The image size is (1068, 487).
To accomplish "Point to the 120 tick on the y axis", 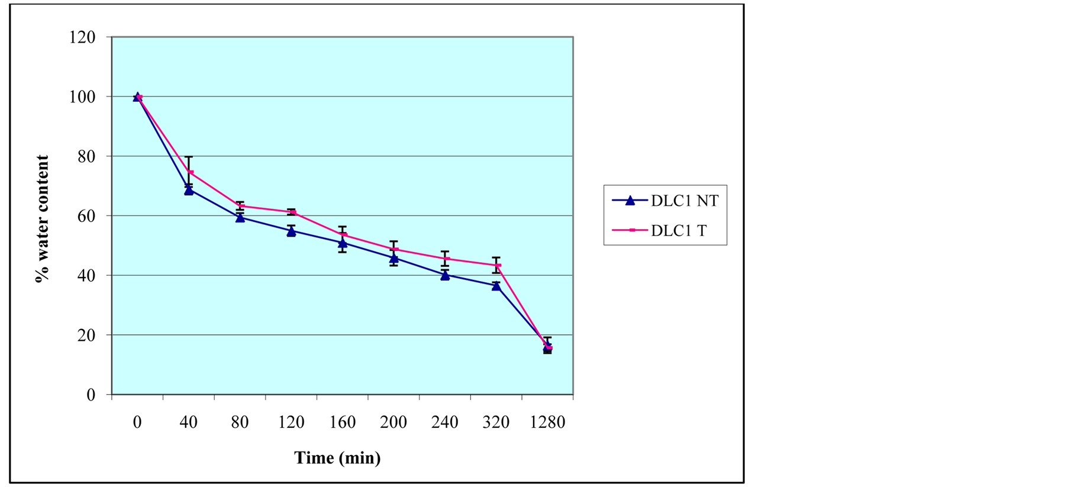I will tap(82, 37).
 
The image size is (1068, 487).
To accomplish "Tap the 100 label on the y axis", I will tap(82, 97).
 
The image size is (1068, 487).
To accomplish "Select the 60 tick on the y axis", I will tap(87, 216).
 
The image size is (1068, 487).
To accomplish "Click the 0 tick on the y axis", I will tap(91, 395).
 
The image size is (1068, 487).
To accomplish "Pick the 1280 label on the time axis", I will tap(547, 423).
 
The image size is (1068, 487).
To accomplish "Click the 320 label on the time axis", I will tap(496, 423).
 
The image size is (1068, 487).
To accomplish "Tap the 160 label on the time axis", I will tap(342, 423).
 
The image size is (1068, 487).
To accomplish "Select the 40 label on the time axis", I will tap(188, 423).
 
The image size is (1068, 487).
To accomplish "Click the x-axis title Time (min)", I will tap(337, 458).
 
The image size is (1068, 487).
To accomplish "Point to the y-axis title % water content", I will tap(43, 219).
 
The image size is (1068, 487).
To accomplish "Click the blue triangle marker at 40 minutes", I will tap(189, 190).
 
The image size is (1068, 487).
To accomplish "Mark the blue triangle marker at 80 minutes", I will tap(240, 218).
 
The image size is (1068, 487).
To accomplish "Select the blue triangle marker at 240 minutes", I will tap(445, 275).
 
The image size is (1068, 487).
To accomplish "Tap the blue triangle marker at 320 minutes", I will tap(496, 286).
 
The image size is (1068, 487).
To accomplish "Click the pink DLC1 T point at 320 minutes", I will tap(499, 265).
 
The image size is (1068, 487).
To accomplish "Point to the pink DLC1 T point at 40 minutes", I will tap(191, 173).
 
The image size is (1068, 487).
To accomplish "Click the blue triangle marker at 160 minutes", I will tap(343, 243).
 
